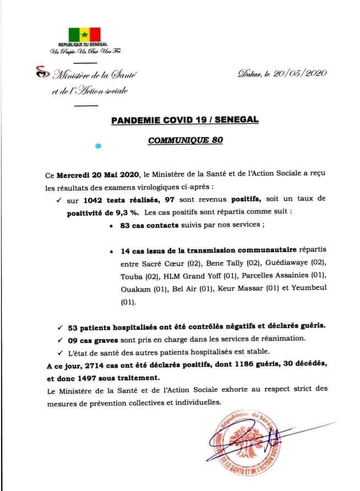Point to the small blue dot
(x=99, y=146)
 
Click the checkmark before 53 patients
(x=59, y=326)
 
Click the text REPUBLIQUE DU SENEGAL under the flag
(x=82, y=44)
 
